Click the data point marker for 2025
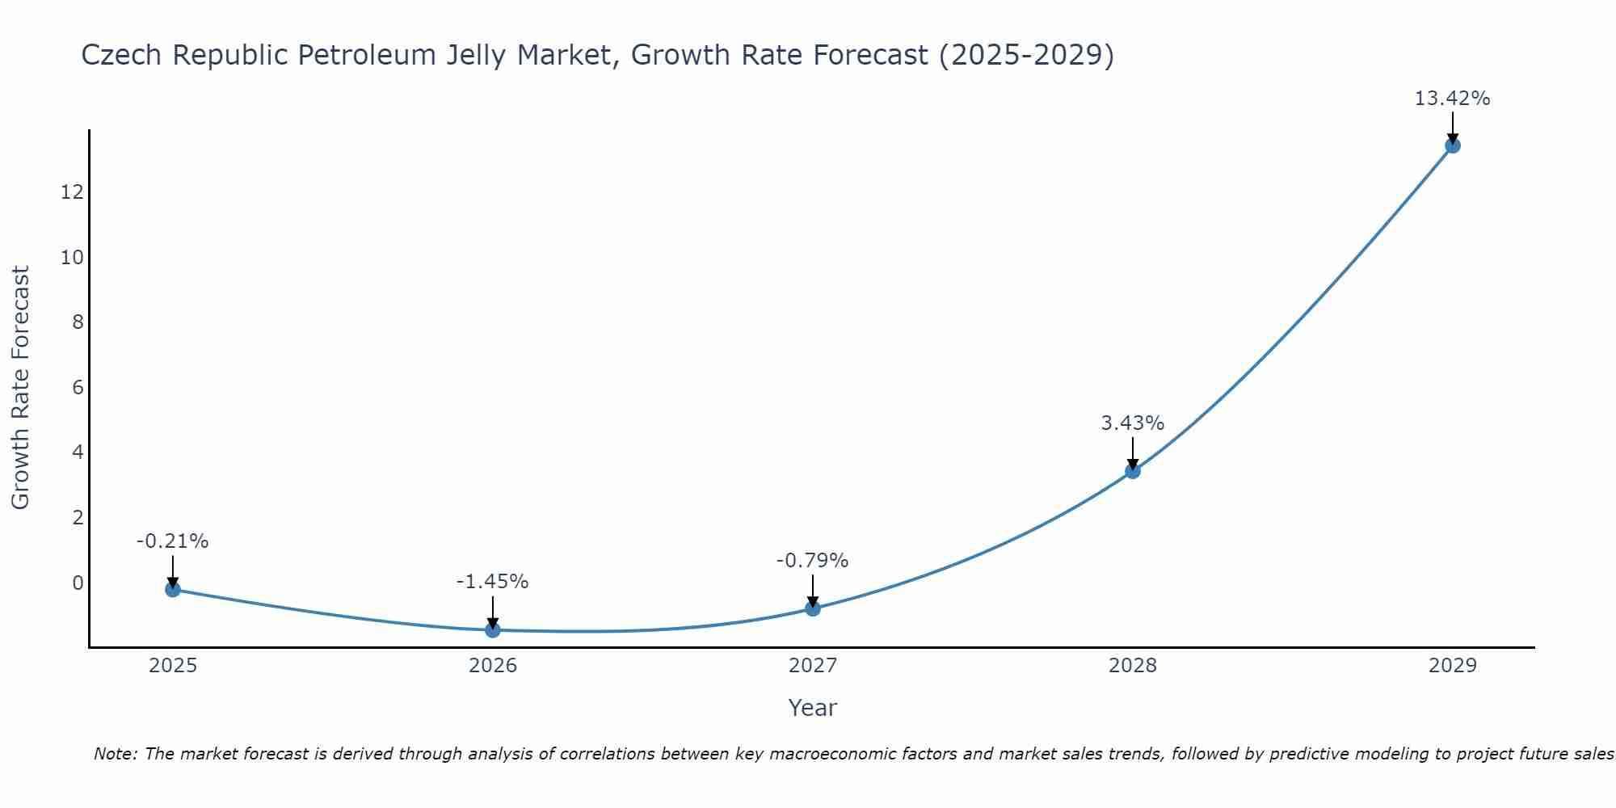pyautogui.click(x=172, y=589)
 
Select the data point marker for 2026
pyautogui.click(x=493, y=629)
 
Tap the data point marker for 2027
pyautogui.click(x=813, y=608)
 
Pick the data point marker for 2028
pyautogui.click(x=1133, y=470)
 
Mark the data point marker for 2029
pyautogui.click(x=1453, y=145)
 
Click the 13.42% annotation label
pyautogui.click(x=1452, y=99)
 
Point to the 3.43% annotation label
pyautogui.click(x=1132, y=423)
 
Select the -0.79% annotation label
pyautogui.click(x=812, y=561)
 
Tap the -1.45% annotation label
pyautogui.click(x=492, y=582)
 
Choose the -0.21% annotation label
pyautogui.click(x=172, y=541)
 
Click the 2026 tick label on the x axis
pyautogui.click(x=493, y=666)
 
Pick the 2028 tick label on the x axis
pyautogui.click(x=1133, y=666)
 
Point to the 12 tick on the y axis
pyautogui.click(x=72, y=192)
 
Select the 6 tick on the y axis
pyautogui.click(x=78, y=388)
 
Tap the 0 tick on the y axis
pyautogui.click(x=78, y=583)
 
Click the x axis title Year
pyautogui.click(x=812, y=708)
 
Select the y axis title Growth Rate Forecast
pyautogui.click(x=20, y=388)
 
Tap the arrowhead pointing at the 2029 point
pyautogui.click(x=1453, y=138)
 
